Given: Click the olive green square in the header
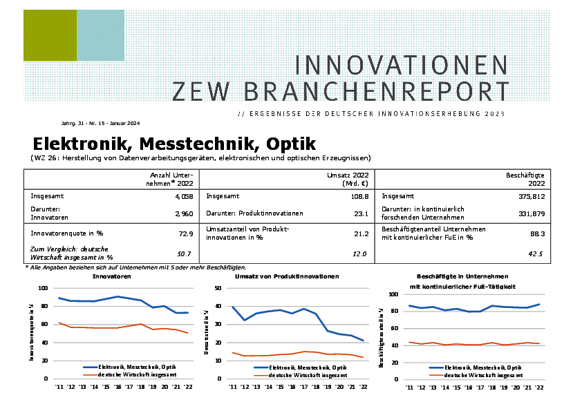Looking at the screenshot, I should click(x=49, y=35).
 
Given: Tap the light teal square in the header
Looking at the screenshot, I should click(x=100, y=35).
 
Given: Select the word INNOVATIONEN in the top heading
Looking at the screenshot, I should click(x=402, y=65).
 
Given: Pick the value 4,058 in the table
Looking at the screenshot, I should click(x=181, y=196).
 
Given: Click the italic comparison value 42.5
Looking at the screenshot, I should click(x=536, y=254).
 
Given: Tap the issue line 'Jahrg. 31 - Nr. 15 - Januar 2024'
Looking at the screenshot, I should click(x=100, y=124).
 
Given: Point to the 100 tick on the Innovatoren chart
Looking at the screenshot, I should click(x=43, y=288).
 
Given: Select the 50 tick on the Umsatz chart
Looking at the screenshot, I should click(x=218, y=288).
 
